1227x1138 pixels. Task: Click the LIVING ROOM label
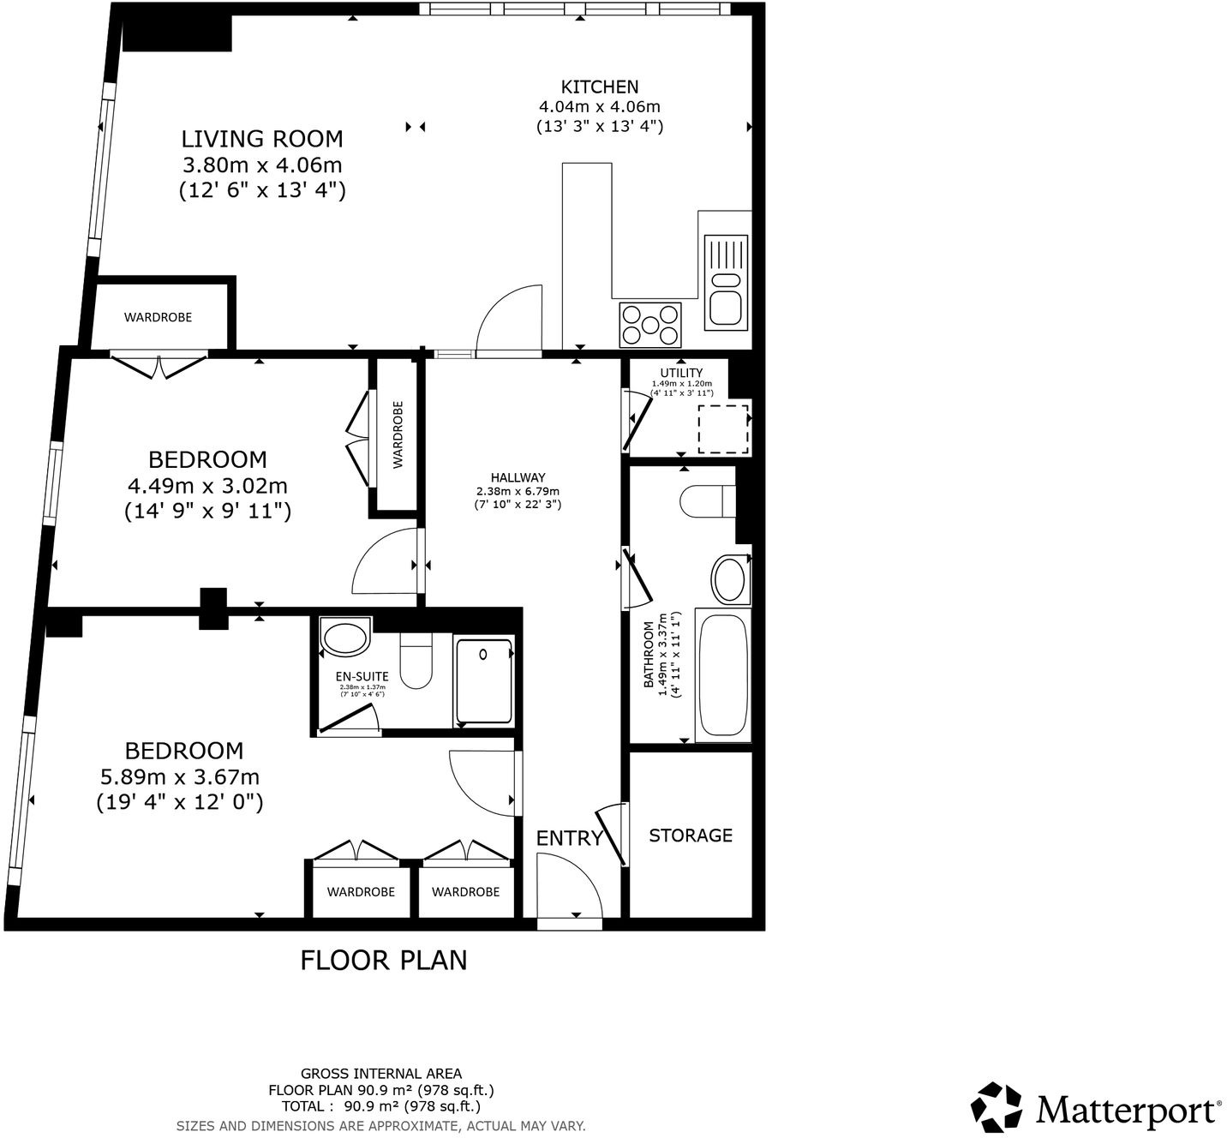pyautogui.click(x=262, y=139)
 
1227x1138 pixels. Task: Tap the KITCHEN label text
pyautogui.click(x=599, y=87)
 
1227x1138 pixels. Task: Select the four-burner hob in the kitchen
pyautogui.click(x=649, y=325)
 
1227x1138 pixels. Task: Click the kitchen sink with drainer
pyautogui.click(x=726, y=282)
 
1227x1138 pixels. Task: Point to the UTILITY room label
pyautogui.click(x=681, y=373)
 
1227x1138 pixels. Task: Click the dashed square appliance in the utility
pyautogui.click(x=723, y=428)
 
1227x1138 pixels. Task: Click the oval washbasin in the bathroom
pyautogui.click(x=730, y=580)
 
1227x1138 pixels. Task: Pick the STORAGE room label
pyautogui.click(x=691, y=836)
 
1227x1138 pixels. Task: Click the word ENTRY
pyautogui.click(x=570, y=839)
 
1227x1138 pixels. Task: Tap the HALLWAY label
pyautogui.click(x=518, y=478)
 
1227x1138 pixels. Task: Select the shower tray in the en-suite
pyautogui.click(x=483, y=681)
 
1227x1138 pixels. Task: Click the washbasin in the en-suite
pyautogui.click(x=344, y=638)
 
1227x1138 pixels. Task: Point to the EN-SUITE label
pyautogui.click(x=362, y=676)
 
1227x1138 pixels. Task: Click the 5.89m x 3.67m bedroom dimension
pyautogui.click(x=180, y=777)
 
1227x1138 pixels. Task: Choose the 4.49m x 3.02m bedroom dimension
pyautogui.click(x=207, y=486)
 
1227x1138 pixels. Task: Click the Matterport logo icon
pyautogui.click(x=997, y=1107)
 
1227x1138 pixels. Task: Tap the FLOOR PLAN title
pyautogui.click(x=384, y=961)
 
